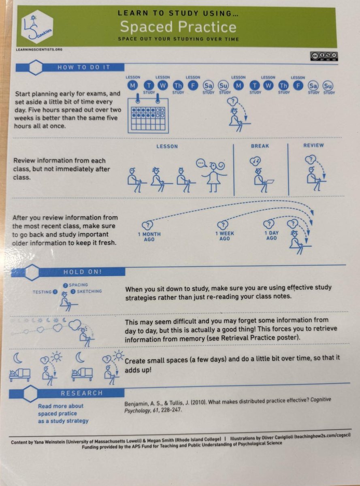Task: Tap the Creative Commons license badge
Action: click(x=324, y=57)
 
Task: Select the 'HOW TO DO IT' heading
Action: click(x=84, y=67)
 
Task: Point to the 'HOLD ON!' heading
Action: click(x=83, y=272)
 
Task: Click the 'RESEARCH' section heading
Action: click(x=82, y=393)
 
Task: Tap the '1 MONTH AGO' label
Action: click(x=149, y=237)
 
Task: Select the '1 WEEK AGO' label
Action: click(x=225, y=236)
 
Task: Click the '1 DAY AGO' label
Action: click(x=271, y=236)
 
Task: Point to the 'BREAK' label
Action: click(x=260, y=146)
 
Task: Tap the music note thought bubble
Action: click(x=255, y=161)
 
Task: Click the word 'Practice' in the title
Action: click(x=207, y=27)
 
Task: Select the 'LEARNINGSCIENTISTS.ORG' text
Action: click(x=39, y=49)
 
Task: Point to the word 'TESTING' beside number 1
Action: click(x=42, y=292)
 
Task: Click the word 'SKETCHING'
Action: click(x=89, y=291)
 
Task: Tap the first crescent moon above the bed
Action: click(x=18, y=358)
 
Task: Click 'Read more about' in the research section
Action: click(x=61, y=406)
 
